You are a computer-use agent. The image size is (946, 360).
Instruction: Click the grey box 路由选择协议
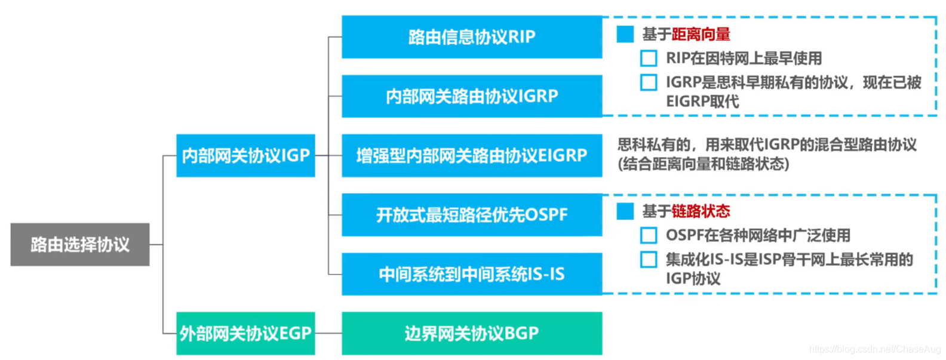[x=79, y=244]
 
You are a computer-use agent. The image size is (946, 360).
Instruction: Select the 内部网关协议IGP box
[x=245, y=155]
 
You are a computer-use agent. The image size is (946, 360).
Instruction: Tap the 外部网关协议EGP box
[x=245, y=333]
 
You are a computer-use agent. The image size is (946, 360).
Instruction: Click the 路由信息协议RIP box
[x=471, y=37]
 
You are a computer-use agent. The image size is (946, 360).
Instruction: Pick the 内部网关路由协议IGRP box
[x=471, y=96]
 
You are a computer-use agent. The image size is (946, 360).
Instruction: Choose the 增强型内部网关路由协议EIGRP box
[x=471, y=155]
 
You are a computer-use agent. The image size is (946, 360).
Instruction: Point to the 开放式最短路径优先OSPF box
[x=471, y=214]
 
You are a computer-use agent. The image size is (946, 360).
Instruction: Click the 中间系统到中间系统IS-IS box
[x=471, y=274]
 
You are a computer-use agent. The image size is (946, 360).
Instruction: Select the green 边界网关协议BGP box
[x=471, y=333]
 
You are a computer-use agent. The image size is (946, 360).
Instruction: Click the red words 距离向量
[x=701, y=35]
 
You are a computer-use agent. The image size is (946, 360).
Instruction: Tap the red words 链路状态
[x=701, y=211]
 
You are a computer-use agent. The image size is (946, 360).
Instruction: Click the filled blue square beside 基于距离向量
[x=625, y=35]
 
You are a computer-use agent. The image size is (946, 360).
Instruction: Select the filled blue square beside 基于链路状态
[x=625, y=211]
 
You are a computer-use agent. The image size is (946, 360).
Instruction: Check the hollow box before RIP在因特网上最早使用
[x=649, y=59]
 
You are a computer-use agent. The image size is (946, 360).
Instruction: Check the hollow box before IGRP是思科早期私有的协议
[x=649, y=82]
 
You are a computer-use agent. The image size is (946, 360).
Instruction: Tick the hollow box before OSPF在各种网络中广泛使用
[x=649, y=235]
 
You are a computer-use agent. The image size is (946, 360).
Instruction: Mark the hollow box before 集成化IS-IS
[x=649, y=260]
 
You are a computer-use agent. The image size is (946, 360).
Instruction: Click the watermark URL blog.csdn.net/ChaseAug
[x=874, y=349]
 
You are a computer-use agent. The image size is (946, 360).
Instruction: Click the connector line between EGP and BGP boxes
[x=328, y=333]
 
